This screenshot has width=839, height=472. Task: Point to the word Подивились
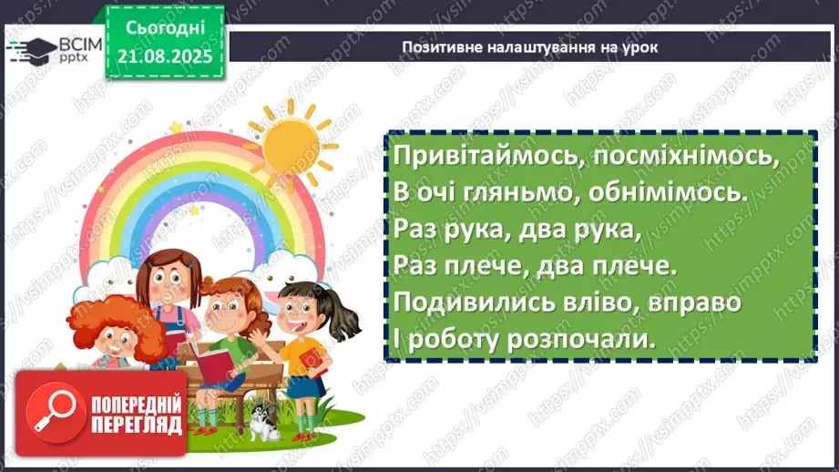(x=466, y=302)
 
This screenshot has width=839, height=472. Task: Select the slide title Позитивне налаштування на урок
(x=529, y=46)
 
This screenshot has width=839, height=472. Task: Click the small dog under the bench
(x=265, y=422)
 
